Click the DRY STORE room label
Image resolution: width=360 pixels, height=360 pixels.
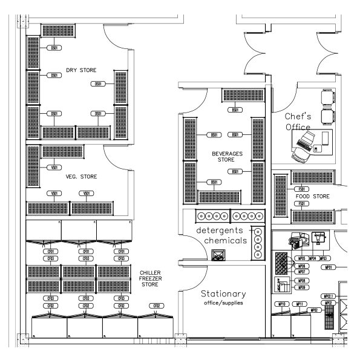[x=81, y=70]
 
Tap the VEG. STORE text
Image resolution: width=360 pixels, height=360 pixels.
[x=81, y=177]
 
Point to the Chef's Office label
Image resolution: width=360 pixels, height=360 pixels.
[x=298, y=121]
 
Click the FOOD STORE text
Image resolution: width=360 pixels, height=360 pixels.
[x=312, y=197]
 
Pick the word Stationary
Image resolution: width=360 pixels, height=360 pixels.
[x=223, y=293]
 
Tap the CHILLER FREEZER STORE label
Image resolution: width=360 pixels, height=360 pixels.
[x=150, y=278]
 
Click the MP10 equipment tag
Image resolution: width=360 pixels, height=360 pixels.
[x=281, y=304]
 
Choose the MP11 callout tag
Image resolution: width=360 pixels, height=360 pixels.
[x=299, y=304]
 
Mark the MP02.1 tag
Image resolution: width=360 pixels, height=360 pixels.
[x=329, y=296]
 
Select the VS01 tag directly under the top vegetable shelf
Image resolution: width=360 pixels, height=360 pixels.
[x=54, y=167]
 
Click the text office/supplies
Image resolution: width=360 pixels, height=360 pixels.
[x=223, y=304]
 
